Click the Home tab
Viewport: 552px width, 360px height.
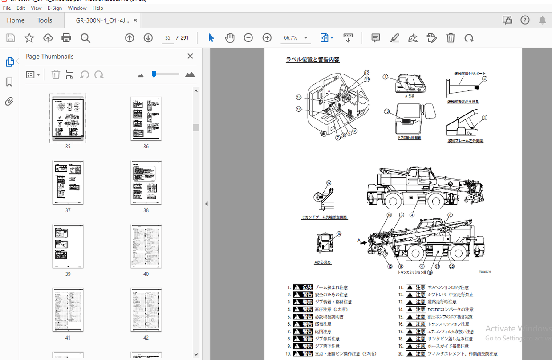pos(16,20)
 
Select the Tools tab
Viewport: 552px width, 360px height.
pos(45,20)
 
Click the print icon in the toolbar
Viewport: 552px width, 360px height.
pos(66,38)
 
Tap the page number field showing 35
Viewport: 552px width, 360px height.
pos(168,38)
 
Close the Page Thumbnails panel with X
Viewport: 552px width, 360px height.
pos(190,56)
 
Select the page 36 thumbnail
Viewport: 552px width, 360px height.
pos(146,119)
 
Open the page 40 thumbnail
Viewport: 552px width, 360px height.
pos(146,246)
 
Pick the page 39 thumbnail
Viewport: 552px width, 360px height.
pos(68,246)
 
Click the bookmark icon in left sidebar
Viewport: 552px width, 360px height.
pos(9,82)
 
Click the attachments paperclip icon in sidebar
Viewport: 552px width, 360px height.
pos(9,102)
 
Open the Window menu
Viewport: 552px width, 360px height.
pos(77,8)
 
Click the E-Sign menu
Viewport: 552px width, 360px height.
pos(55,8)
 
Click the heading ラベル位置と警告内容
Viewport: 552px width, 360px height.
pos(313,60)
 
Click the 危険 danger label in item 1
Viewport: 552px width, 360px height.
pos(303,287)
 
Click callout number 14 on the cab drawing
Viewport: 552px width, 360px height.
pos(299,98)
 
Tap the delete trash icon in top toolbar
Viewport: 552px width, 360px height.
pos(451,38)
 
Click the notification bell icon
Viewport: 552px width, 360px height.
pos(542,20)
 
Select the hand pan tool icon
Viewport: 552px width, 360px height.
pos(230,38)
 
